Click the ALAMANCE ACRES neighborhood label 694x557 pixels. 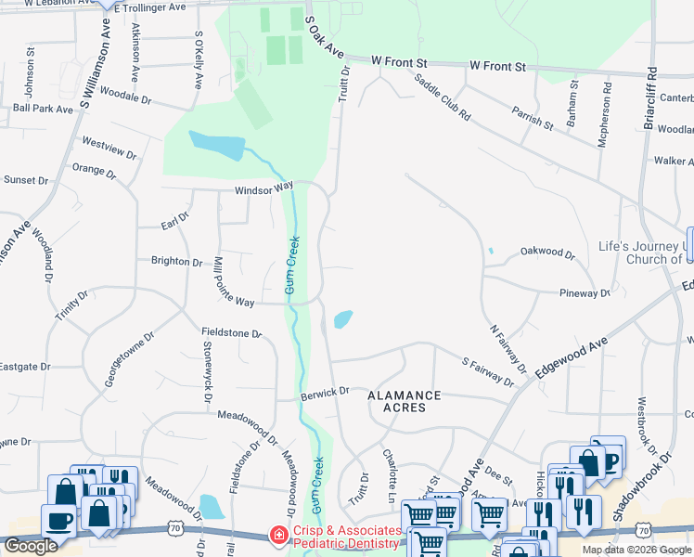(404, 401)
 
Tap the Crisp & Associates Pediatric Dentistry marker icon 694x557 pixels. (276, 536)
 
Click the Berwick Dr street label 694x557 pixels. (324, 392)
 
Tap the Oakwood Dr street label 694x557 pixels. (547, 252)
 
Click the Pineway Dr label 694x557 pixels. (585, 293)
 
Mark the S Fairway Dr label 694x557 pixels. (488, 369)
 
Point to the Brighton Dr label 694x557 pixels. (176, 262)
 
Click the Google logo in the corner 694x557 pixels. (31, 546)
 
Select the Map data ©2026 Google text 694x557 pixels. (636, 550)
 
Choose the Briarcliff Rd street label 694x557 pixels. (651, 97)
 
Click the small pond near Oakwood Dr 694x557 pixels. (490, 251)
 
